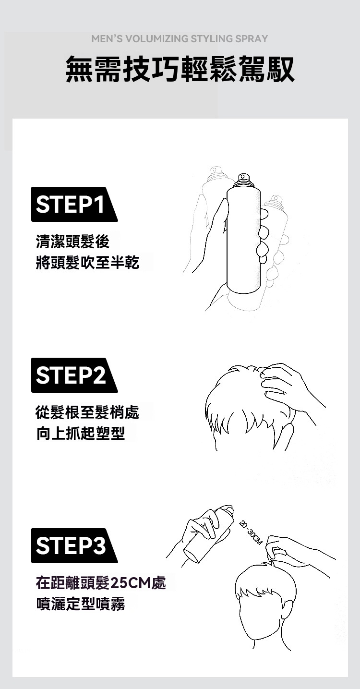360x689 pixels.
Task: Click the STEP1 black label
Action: (x=72, y=205)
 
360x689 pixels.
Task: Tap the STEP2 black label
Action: (x=72, y=375)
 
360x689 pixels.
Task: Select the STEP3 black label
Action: (x=72, y=546)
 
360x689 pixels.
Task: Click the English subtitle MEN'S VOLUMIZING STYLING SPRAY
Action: (x=180, y=39)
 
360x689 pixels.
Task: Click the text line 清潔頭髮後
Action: (x=73, y=242)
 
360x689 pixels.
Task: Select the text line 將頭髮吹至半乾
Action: (x=88, y=263)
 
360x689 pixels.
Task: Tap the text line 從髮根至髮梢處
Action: (x=88, y=412)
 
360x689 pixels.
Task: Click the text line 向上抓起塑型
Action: (x=81, y=433)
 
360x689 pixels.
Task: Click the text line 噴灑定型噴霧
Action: (x=81, y=604)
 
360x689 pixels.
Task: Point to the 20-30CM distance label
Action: (x=250, y=532)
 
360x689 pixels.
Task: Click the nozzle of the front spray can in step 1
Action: (x=243, y=180)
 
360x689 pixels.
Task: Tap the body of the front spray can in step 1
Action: (x=243, y=240)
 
